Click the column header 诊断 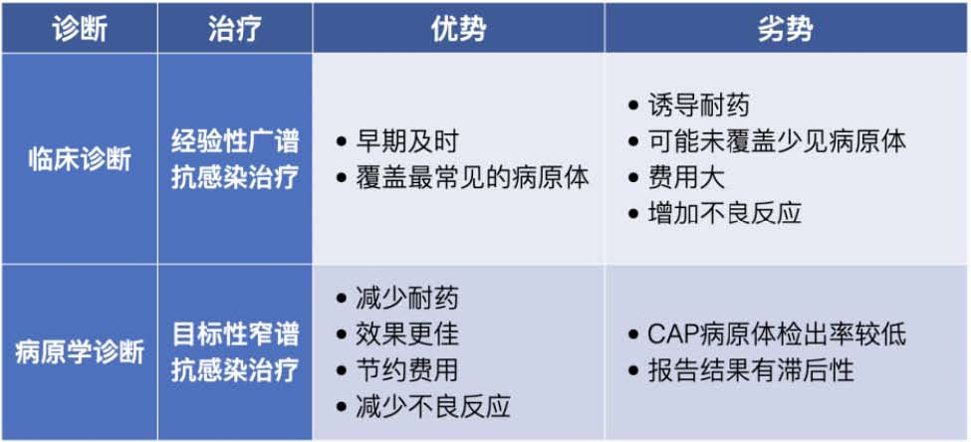[x=80, y=28]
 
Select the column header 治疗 [x=235, y=28]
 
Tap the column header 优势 [x=458, y=28]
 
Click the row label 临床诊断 [x=80, y=159]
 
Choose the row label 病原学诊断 [x=80, y=352]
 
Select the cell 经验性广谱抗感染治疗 [x=235, y=159]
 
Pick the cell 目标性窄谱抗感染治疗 [x=235, y=352]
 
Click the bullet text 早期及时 [x=407, y=141]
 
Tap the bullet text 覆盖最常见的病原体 [x=472, y=178]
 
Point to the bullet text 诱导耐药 [x=698, y=106]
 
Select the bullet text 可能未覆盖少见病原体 [x=777, y=141]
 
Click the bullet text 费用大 [x=686, y=178]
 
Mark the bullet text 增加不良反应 [x=725, y=214]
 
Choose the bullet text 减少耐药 [x=407, y=299]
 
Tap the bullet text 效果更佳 [x=407, y=334]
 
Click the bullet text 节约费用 [x=407, y=370]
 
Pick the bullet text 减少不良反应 [x=433, y=407]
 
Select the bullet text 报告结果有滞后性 [x=751, y=370]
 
